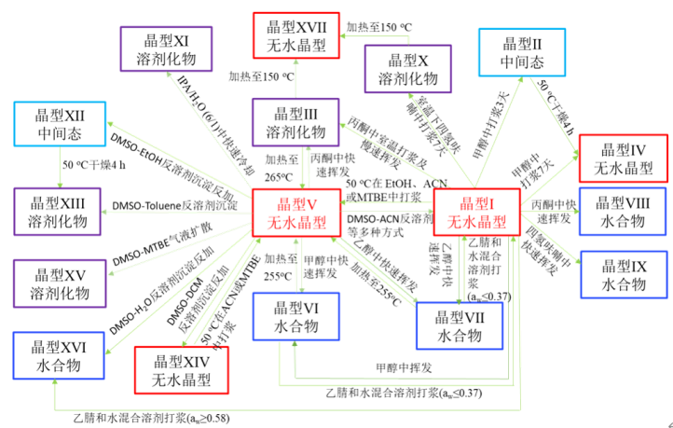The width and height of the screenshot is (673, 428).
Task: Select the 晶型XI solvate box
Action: [x=163, y=48]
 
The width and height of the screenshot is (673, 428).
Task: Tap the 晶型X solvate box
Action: [x=406, y=68]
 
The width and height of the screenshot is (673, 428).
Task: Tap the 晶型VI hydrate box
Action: [x=295, y=315]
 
